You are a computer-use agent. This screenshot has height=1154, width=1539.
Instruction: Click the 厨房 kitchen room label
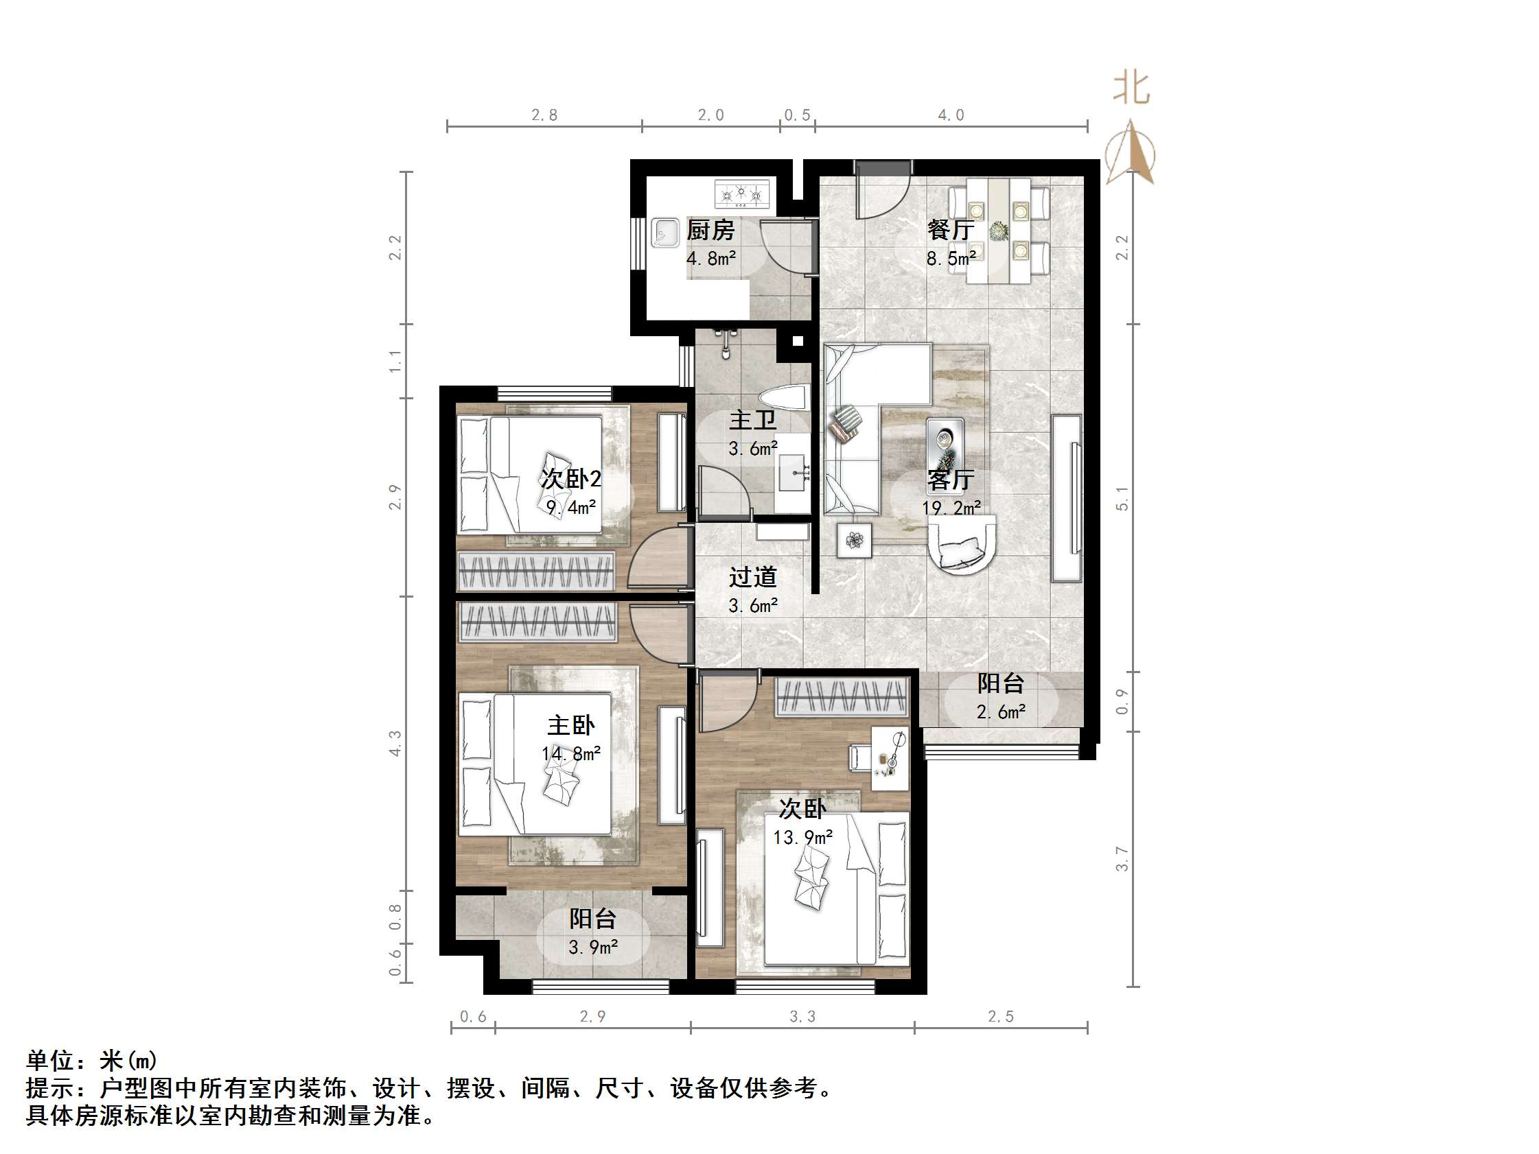[x=710, y=230]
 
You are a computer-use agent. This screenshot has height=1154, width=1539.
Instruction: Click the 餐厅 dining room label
[x=951, y=230]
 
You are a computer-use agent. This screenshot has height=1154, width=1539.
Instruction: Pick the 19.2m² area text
[x=951, y=508]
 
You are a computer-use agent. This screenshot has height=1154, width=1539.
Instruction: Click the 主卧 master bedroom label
[x=571, y=725]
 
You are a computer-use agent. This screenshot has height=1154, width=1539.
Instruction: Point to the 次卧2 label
[x=571, y=479]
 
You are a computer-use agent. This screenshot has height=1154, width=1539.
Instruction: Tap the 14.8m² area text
[x=571, y=753]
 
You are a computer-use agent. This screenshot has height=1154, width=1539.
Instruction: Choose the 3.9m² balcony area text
[x=593, y=947]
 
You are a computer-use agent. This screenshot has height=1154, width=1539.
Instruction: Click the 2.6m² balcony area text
[x=1001, y=711]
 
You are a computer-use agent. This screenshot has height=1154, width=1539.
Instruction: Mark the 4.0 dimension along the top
[x=951, y=115]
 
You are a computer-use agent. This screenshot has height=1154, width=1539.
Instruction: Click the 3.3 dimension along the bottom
[x=802, y=1016]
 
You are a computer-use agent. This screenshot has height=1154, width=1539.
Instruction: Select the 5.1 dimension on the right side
[x=1122, y=498]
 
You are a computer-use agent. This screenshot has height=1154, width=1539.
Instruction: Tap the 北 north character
[x=1131, y=89]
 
